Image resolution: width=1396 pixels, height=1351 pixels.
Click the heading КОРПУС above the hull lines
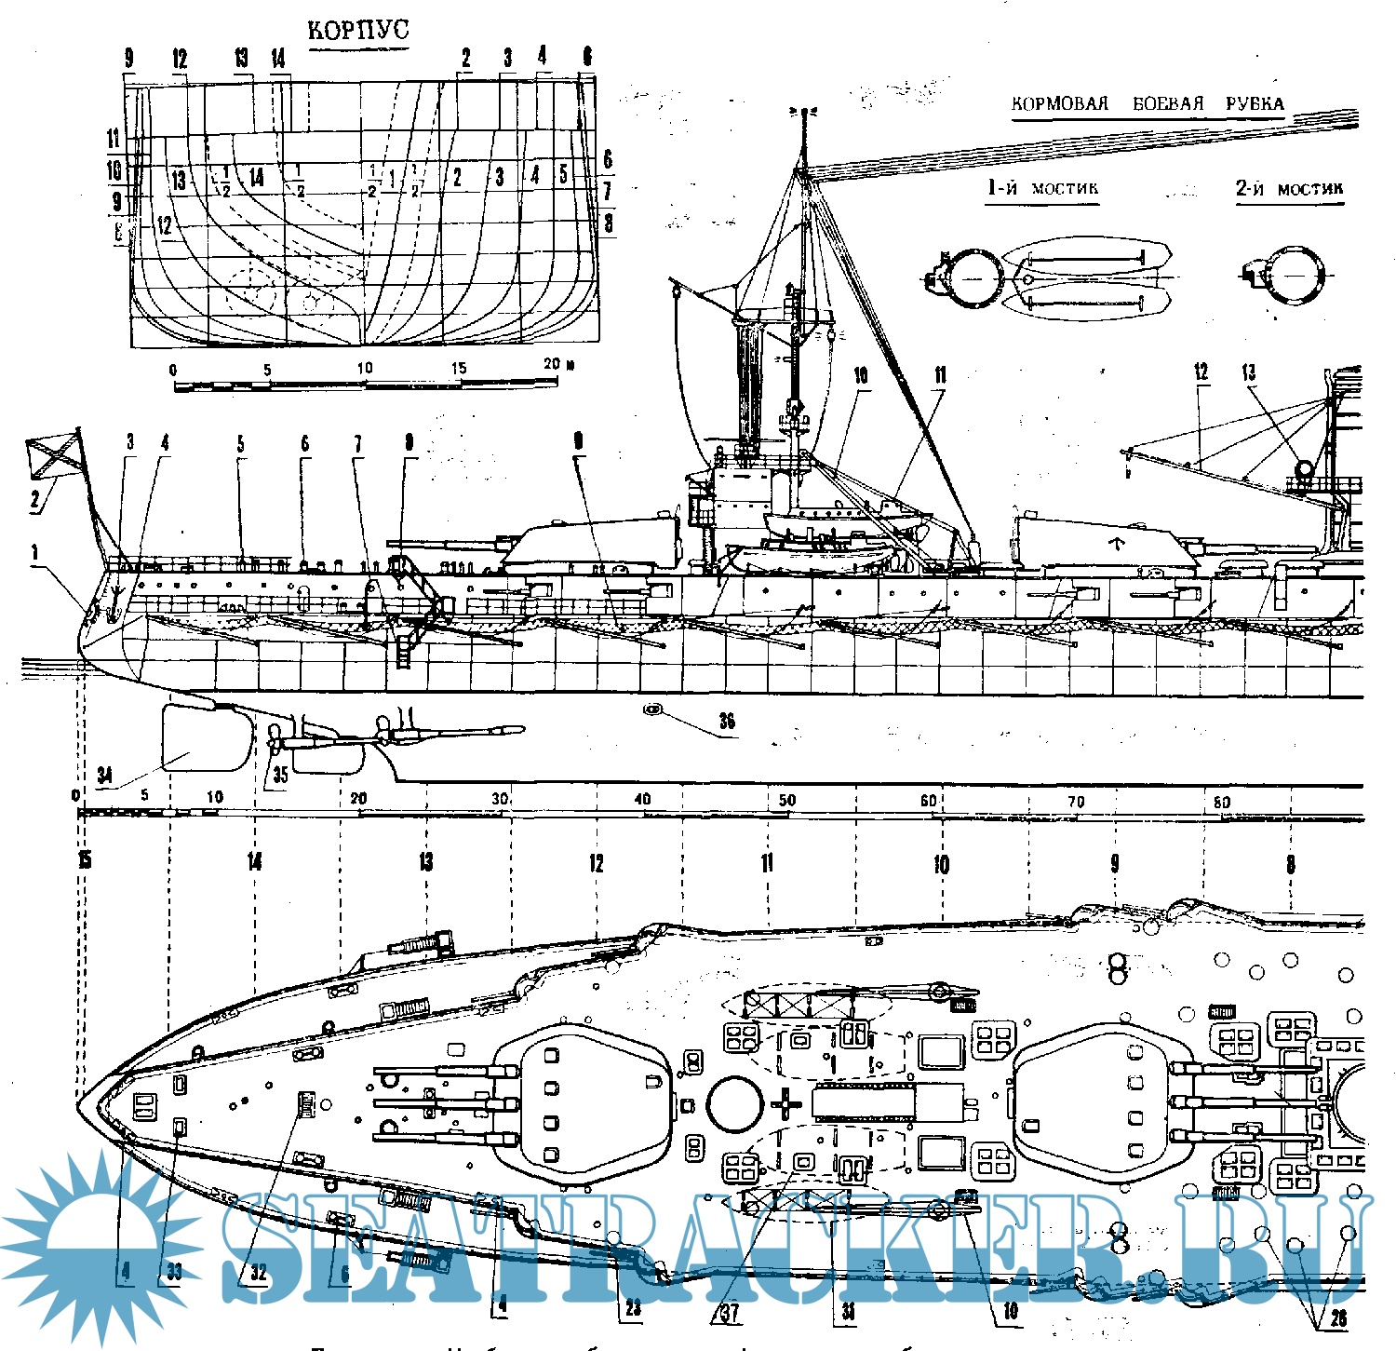point(358,30)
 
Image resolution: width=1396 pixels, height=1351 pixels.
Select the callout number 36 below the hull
point(727,721)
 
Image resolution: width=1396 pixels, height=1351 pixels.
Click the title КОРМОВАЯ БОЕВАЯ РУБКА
point(1148,103)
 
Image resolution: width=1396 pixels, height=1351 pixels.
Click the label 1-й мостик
point(1042,188)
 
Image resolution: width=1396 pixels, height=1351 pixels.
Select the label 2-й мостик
point(1289,189)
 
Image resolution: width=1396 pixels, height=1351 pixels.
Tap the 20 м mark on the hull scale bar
point(557,364)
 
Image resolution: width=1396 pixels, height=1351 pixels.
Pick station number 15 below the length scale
point(85,861)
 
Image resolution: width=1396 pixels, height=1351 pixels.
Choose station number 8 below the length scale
point(1290,865)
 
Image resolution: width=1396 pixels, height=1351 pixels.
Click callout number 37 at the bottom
point(731,1313)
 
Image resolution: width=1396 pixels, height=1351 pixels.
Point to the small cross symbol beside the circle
point(786,1105)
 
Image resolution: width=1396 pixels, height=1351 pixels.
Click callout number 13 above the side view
point(1248,373)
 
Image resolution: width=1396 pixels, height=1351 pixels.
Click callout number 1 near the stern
point(35,553)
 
